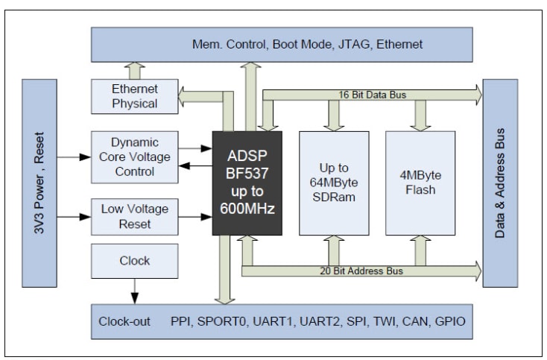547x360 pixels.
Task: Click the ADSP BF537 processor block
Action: [x=247, y=183]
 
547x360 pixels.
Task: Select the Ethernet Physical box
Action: [x=134, y=95]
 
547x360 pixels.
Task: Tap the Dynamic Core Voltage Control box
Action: [x=134, y=157]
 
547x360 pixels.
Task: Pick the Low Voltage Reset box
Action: [x=134, y=216]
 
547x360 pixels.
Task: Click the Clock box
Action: [x=134, y=261]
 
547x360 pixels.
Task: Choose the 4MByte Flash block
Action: [x=420, y=182]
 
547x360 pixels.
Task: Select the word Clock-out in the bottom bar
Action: [x=124, y=322]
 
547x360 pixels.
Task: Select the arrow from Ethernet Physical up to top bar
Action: [x=134, y=69]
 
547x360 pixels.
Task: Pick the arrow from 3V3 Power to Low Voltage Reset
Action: [x=72, y=217]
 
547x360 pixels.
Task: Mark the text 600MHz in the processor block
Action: [x=247, y=209]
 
